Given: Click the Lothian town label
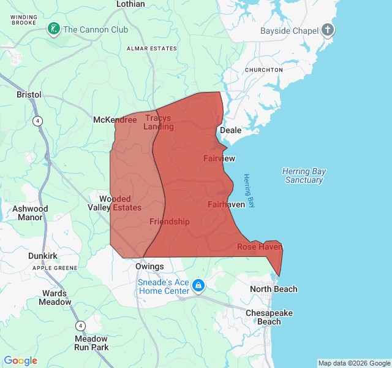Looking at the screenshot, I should pos(130,4).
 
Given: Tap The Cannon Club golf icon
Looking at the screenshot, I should pos(55,29).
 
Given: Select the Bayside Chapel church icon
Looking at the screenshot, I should pos(328,29).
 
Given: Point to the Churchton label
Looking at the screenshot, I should pos(263,70).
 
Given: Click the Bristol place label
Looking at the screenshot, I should pos(29,95).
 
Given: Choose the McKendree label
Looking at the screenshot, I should pos(115,120).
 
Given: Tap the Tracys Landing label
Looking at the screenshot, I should pos(159,123).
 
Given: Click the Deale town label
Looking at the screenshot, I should pos(231,130).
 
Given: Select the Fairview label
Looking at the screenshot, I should pos(219,158).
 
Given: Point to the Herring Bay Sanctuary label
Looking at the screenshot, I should pos(304,175).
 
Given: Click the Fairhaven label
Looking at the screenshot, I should pos(226,204).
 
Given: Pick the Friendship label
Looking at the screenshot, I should pos(170,221).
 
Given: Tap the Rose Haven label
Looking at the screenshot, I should pos(260,247).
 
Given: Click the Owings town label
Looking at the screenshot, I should pos(149,266).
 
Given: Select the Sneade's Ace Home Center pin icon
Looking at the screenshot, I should pos(198,286).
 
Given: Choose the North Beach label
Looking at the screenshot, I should pos(274,289).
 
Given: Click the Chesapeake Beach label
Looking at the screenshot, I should pos(269,317).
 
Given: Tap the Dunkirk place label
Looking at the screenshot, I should pos(43,256).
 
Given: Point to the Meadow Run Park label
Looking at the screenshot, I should pos(91,343).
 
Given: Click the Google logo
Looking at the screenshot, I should pos(21,361).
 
